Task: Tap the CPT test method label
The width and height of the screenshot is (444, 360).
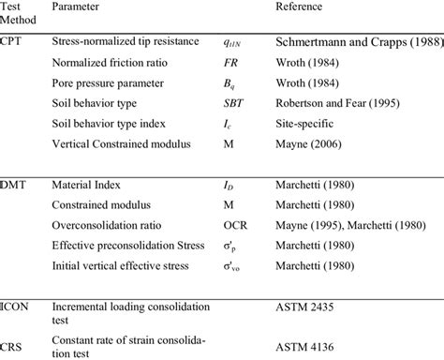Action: click(14, 42)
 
